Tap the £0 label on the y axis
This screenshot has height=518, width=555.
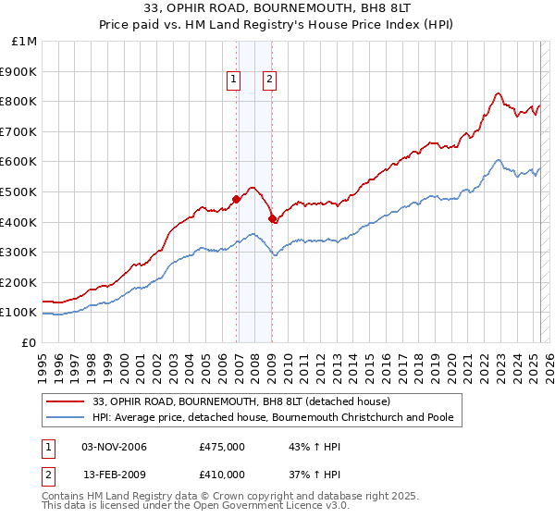(30, 342)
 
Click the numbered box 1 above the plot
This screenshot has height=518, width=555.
(234, 80)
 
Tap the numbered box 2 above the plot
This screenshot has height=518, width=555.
(269, 80)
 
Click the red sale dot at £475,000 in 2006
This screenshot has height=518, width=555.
(237, 199)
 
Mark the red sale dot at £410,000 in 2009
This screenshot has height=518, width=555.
(273, 219)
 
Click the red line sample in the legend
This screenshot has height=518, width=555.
(67, 401)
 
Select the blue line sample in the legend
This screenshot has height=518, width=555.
(67, 417)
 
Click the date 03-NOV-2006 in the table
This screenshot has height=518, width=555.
(115, 448)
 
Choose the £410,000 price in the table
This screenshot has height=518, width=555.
(222, 474)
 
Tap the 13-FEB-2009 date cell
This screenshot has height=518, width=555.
(115, 474)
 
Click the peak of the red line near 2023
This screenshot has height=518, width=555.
(498, 92)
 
